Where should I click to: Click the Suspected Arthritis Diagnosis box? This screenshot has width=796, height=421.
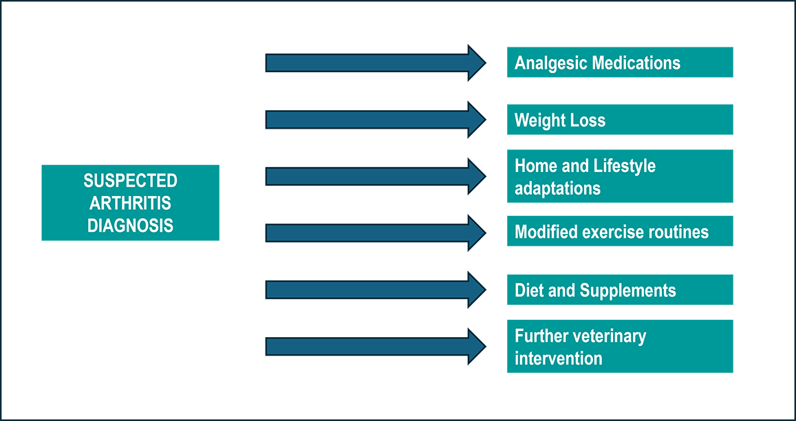point(130,202)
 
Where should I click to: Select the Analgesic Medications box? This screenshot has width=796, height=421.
point(620,62)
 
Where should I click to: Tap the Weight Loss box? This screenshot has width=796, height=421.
point(620,119)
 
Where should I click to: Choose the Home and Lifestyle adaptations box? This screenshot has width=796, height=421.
point(620,175)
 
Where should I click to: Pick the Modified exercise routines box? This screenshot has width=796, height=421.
point(620,231)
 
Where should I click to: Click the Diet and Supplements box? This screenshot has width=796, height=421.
point(620,290)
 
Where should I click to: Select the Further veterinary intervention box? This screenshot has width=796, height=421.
point(620,346)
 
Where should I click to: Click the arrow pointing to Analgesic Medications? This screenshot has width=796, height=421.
point(376,63)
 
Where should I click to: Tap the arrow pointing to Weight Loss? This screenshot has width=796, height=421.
point(376,120)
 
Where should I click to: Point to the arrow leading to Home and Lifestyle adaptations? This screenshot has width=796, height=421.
point(376,177)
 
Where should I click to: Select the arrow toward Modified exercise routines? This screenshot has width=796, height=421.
point(376,233)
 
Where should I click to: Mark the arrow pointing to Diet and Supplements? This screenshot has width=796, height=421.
point(376,290)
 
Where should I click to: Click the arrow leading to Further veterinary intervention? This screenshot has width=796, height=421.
point(376,346)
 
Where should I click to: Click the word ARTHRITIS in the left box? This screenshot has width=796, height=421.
point(131,203)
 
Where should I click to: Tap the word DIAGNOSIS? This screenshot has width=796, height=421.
point(131,225)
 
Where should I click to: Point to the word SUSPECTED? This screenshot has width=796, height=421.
point(131,180)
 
